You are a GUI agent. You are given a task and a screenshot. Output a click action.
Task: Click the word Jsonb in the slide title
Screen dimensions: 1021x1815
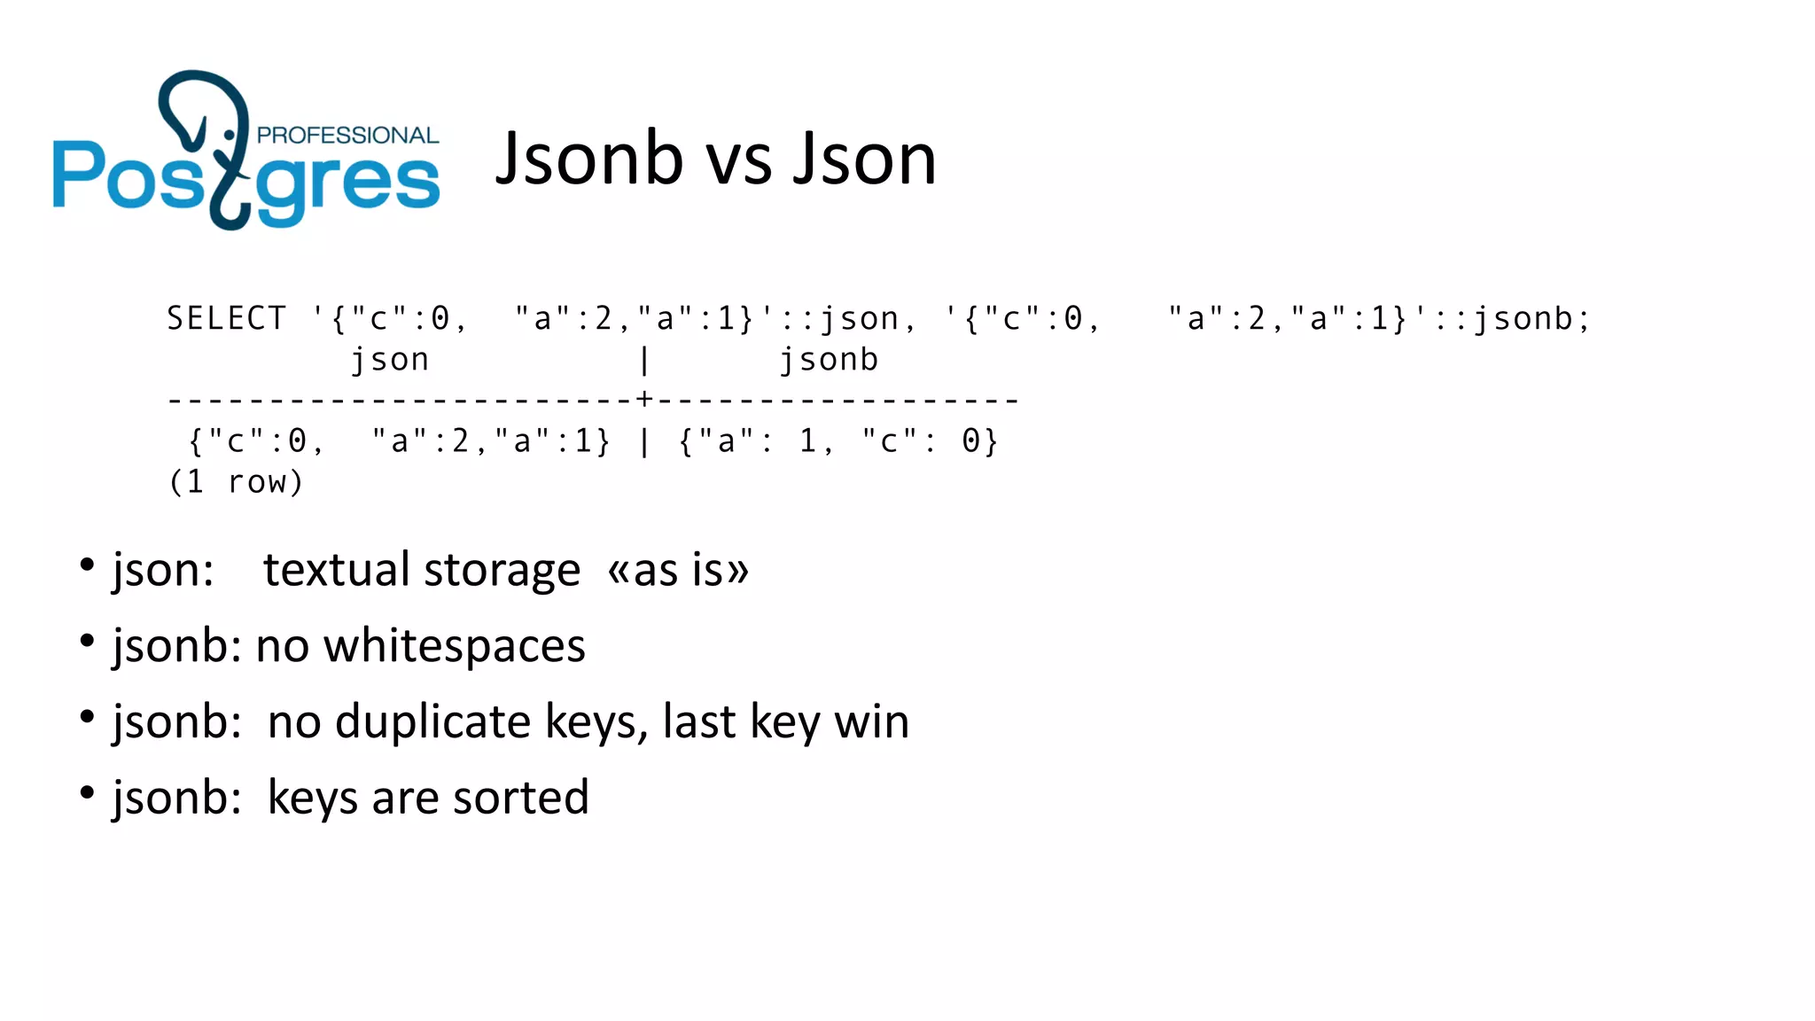click(x=589, y=159)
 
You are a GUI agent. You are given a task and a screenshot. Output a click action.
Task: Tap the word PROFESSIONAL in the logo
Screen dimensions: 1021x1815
click(x=347, y=136)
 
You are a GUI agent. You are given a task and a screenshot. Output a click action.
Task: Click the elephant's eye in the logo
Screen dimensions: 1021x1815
click(x=230, y=135)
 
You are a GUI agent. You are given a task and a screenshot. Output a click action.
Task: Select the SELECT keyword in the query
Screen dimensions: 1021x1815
click(x=227, y=318)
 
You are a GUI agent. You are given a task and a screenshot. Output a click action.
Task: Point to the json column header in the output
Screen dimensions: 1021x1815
click(x=390, y=360)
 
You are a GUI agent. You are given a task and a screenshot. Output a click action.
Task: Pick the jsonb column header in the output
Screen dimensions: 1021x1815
click(x=829, y=360)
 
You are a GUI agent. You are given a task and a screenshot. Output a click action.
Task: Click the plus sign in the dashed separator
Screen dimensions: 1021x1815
click(x=644, y=400)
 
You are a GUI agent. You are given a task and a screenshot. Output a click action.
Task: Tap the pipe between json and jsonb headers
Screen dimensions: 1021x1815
click(x=644, y=361)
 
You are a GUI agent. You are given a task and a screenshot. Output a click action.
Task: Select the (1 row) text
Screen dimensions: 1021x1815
click(x=236, y=482)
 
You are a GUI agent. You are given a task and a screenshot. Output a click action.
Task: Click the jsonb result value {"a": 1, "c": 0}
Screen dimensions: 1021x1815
click(x=838, y=441)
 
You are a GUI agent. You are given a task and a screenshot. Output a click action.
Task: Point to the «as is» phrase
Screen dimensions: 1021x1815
click(x=678, y=570)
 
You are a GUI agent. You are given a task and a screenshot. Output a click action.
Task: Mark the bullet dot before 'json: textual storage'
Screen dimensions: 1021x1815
click(x=87, y=565)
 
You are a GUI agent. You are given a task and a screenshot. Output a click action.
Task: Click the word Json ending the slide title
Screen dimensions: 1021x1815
click(x=865, y=159)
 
